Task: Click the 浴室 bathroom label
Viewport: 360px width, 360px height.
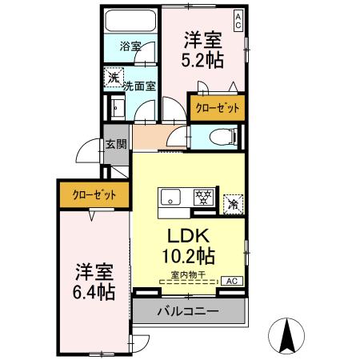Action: coord(130,46)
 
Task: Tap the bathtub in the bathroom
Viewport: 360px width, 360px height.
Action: coord(130,23)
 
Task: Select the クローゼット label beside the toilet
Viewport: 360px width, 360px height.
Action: coord(216,107)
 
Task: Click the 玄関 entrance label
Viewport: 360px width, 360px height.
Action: coord(115,144)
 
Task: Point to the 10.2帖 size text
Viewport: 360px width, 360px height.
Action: coord(189,258)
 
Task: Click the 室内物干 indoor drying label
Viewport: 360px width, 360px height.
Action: coord(186,276)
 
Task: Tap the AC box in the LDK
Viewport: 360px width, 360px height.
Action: coord(230,281)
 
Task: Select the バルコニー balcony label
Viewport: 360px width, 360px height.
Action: coord(187,310)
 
